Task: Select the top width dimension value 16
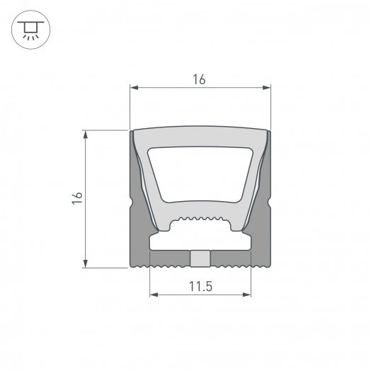[199, 80]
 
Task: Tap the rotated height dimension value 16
[77, 199]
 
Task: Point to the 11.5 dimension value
[201, 286]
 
